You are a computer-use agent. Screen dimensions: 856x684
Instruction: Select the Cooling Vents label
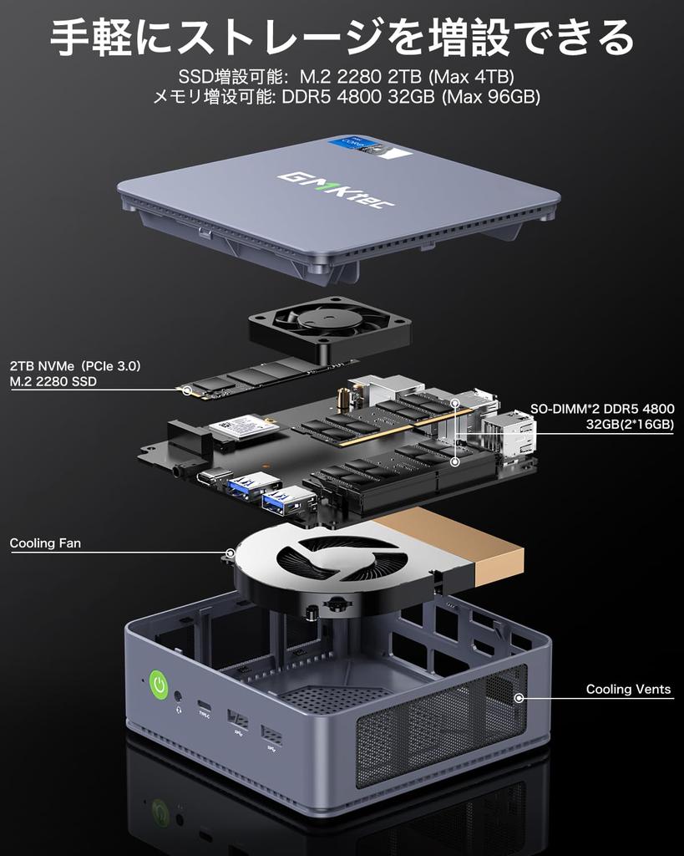628,690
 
